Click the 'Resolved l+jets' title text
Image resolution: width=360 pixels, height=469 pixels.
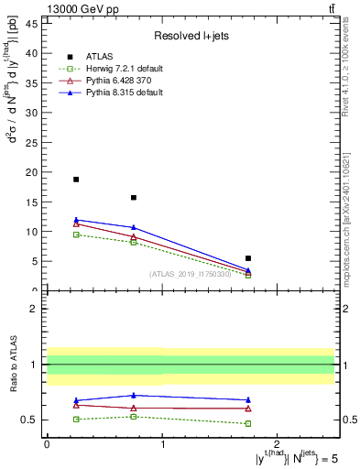(x=191, y=36)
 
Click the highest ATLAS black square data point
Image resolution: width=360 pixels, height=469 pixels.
(x=76, y=180)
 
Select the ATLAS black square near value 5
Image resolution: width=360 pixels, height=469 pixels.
(x=248, y=258)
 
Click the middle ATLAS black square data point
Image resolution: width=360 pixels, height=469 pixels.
(x=134, y=197)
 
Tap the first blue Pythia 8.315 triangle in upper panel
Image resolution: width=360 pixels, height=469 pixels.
(x=76, y=220)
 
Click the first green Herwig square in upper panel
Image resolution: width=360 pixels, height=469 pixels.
(x=76, y=234)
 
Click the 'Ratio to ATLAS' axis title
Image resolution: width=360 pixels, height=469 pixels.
(x=13, y=365)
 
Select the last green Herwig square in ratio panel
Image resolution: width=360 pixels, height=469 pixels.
(x=248, y=423)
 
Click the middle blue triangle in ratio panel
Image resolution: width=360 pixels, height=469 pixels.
(x=134, y=396)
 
